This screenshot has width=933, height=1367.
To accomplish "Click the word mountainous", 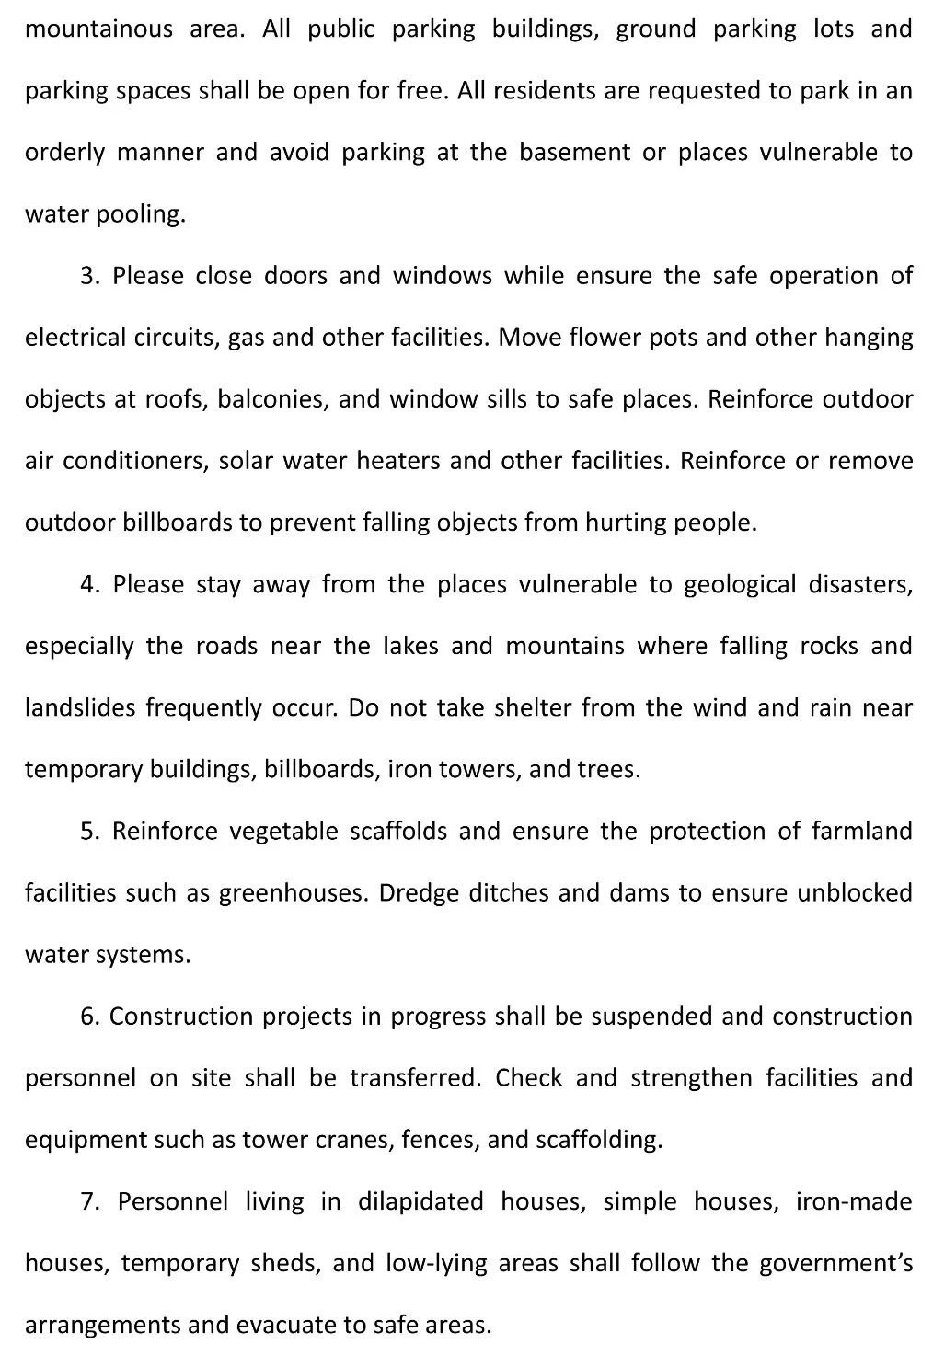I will point(98,29).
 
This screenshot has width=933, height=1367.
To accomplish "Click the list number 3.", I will point(89,276).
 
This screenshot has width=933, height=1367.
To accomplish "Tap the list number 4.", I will point(89,584).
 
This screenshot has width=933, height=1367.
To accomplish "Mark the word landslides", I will point(80,708).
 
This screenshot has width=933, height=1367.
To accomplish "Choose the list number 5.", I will point(89,832).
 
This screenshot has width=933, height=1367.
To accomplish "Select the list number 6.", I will point(89,1017).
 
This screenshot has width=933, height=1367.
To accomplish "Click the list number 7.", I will point(89,1201).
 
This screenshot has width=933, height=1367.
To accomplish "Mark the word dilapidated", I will point(420,1201).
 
